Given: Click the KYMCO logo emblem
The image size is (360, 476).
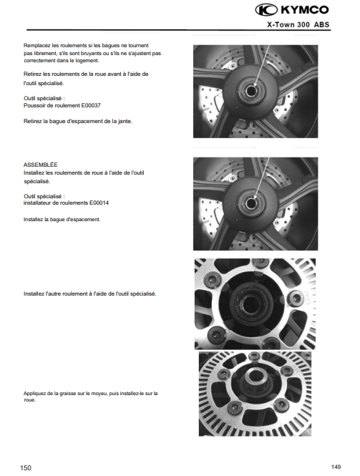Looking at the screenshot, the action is click(x=266, y=10).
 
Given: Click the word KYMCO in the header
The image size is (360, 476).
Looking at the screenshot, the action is click(x=305, y=10).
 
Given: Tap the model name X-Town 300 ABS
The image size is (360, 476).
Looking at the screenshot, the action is click(x=298, y=24).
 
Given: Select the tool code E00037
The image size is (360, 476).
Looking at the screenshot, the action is click(x=91, y=106).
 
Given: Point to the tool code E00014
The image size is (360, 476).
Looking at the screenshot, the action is click(x=99, y=203).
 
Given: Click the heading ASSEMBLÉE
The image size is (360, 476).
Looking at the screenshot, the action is click(x=40, y=165).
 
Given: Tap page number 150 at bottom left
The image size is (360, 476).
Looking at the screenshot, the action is click(x=26, y=468).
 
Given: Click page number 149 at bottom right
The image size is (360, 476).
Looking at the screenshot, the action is click(x=336, y=467).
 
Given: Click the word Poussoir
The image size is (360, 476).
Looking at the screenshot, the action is click(x=34, y=106).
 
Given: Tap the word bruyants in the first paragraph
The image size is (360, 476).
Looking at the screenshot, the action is click(x=94, y=53).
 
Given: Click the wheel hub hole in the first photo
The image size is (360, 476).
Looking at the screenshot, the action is click(x=251, y=91).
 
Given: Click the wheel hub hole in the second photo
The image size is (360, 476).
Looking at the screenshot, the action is click(x=251, y=203).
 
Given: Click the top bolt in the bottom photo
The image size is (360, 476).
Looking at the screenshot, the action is click(x=253, y=356).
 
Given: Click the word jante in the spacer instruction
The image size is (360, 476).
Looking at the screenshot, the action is click(x=125, y=122).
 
